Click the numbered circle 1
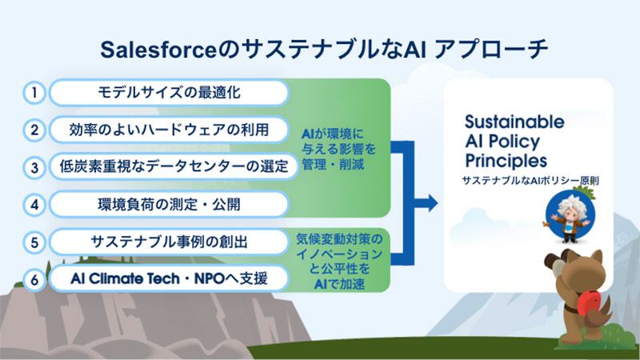tap(34, 93)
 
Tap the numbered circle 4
tap(34, 204)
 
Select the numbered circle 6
tap(34, 279)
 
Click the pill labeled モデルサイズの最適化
tap(168, 93)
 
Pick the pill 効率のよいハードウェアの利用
tap(168, 130)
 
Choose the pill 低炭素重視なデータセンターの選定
tap(168, 166)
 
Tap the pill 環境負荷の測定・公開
tap(168, 204)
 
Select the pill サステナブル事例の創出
tap(168, 242)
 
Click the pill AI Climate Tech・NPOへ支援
tap(168, 279)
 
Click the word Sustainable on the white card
tap(514, 122)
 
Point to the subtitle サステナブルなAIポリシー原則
tap(530, 182)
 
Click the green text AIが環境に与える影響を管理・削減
tap(338, 149)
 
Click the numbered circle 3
tap(34, 166)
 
